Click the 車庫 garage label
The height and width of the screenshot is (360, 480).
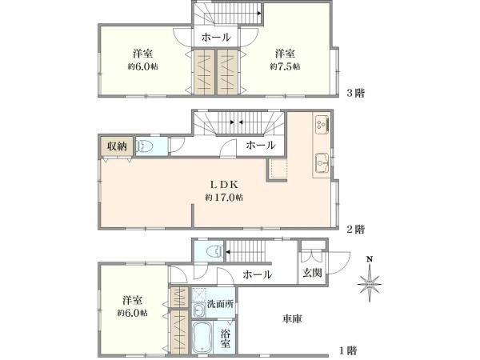pyautogui.click(x=292, y=318)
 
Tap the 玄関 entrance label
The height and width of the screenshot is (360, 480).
pyautogui.click(x=313, y=273)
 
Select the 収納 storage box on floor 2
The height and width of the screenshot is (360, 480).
pyautogui.click(x=117, y=146)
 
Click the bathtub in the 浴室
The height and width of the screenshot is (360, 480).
pyautogui.click(x=202, y=337)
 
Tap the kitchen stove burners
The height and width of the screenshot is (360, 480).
pyautogui.click(x=322, y=124)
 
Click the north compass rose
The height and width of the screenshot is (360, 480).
pyautogui.click(x=370, y=281)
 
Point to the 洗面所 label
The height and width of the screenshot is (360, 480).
pyautogui.click(x=221, y=304)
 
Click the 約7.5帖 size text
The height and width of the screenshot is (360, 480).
pyautogui.click(x=285, y=66)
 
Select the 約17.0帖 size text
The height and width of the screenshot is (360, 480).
pyautogui.click(x=224, y=198)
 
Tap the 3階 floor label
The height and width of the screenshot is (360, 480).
pyautogui.click(x=355, y=93)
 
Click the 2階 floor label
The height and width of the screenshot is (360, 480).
pyautogui.click(x=355, y=229)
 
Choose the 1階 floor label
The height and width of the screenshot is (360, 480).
pyautogui.click(x=348, y=350)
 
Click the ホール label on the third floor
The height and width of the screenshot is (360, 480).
pyautogui.click(x=216, y=38)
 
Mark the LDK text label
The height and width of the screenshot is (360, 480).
pyautogui.click(x=224, y=184)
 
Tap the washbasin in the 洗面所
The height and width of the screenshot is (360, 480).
pyautogui.click(x=199, y=310)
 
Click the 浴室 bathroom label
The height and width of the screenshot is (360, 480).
pyautogui.click(x=226, y=338)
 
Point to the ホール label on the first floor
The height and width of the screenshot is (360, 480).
pyautogui.click(x=258, y=274)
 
